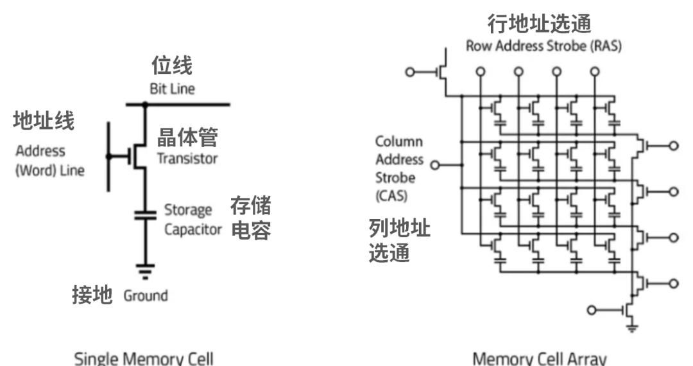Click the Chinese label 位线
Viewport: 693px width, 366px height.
pyautogui.click(x=171, y=65)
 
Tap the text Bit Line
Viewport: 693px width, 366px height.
pyautogui.click(x=172, y=89)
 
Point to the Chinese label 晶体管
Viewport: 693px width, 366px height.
pyautogui.click(x=187, y=137)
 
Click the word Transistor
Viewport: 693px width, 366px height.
pyautogui.click(x=187, y=159)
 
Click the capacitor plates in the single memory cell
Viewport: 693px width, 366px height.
pyautogui.click(x=145, y=214)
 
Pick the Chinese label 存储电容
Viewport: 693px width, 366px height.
pyautogui.click(x=250, y=218)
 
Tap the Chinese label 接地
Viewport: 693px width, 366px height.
pyautogui.click(x=92, y=295)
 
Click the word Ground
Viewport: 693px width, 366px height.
pyautogui.click(x=146, y=296)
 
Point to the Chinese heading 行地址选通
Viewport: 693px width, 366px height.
pyautogui.click(x=539, y=24)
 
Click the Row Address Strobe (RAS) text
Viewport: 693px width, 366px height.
pyautogui.click(x=543, y=46)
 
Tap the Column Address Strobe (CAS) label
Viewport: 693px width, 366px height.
pyautogui.click(x=399, y=168)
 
